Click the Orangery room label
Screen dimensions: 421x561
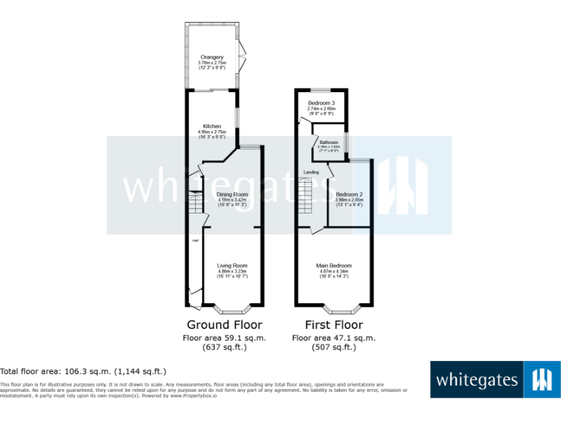pyautogui.click(x=213, y=57)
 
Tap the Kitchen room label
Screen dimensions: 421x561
pyautogui.click(x=212, y=126)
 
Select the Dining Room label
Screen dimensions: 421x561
pyautogui.click(x=232, y=194)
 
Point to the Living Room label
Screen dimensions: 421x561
pyautogui.click(x=232, y=266)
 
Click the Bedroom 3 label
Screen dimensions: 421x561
pyautogui.click(x=321, y=103)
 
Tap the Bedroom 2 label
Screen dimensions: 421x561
pyautogui.click(x=349, y=194)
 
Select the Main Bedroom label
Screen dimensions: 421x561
pyautogui.click(x=334, y=266)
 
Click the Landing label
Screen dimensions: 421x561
pyautogui.click(x=311, y=172)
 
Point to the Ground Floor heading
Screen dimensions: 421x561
pyautogui.click(x=224, y=325)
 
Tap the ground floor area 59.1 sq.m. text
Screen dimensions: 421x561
pyautogui.click(x=224, y=338)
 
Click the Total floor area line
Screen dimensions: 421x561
pyautogui.click(x=83, y=371)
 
